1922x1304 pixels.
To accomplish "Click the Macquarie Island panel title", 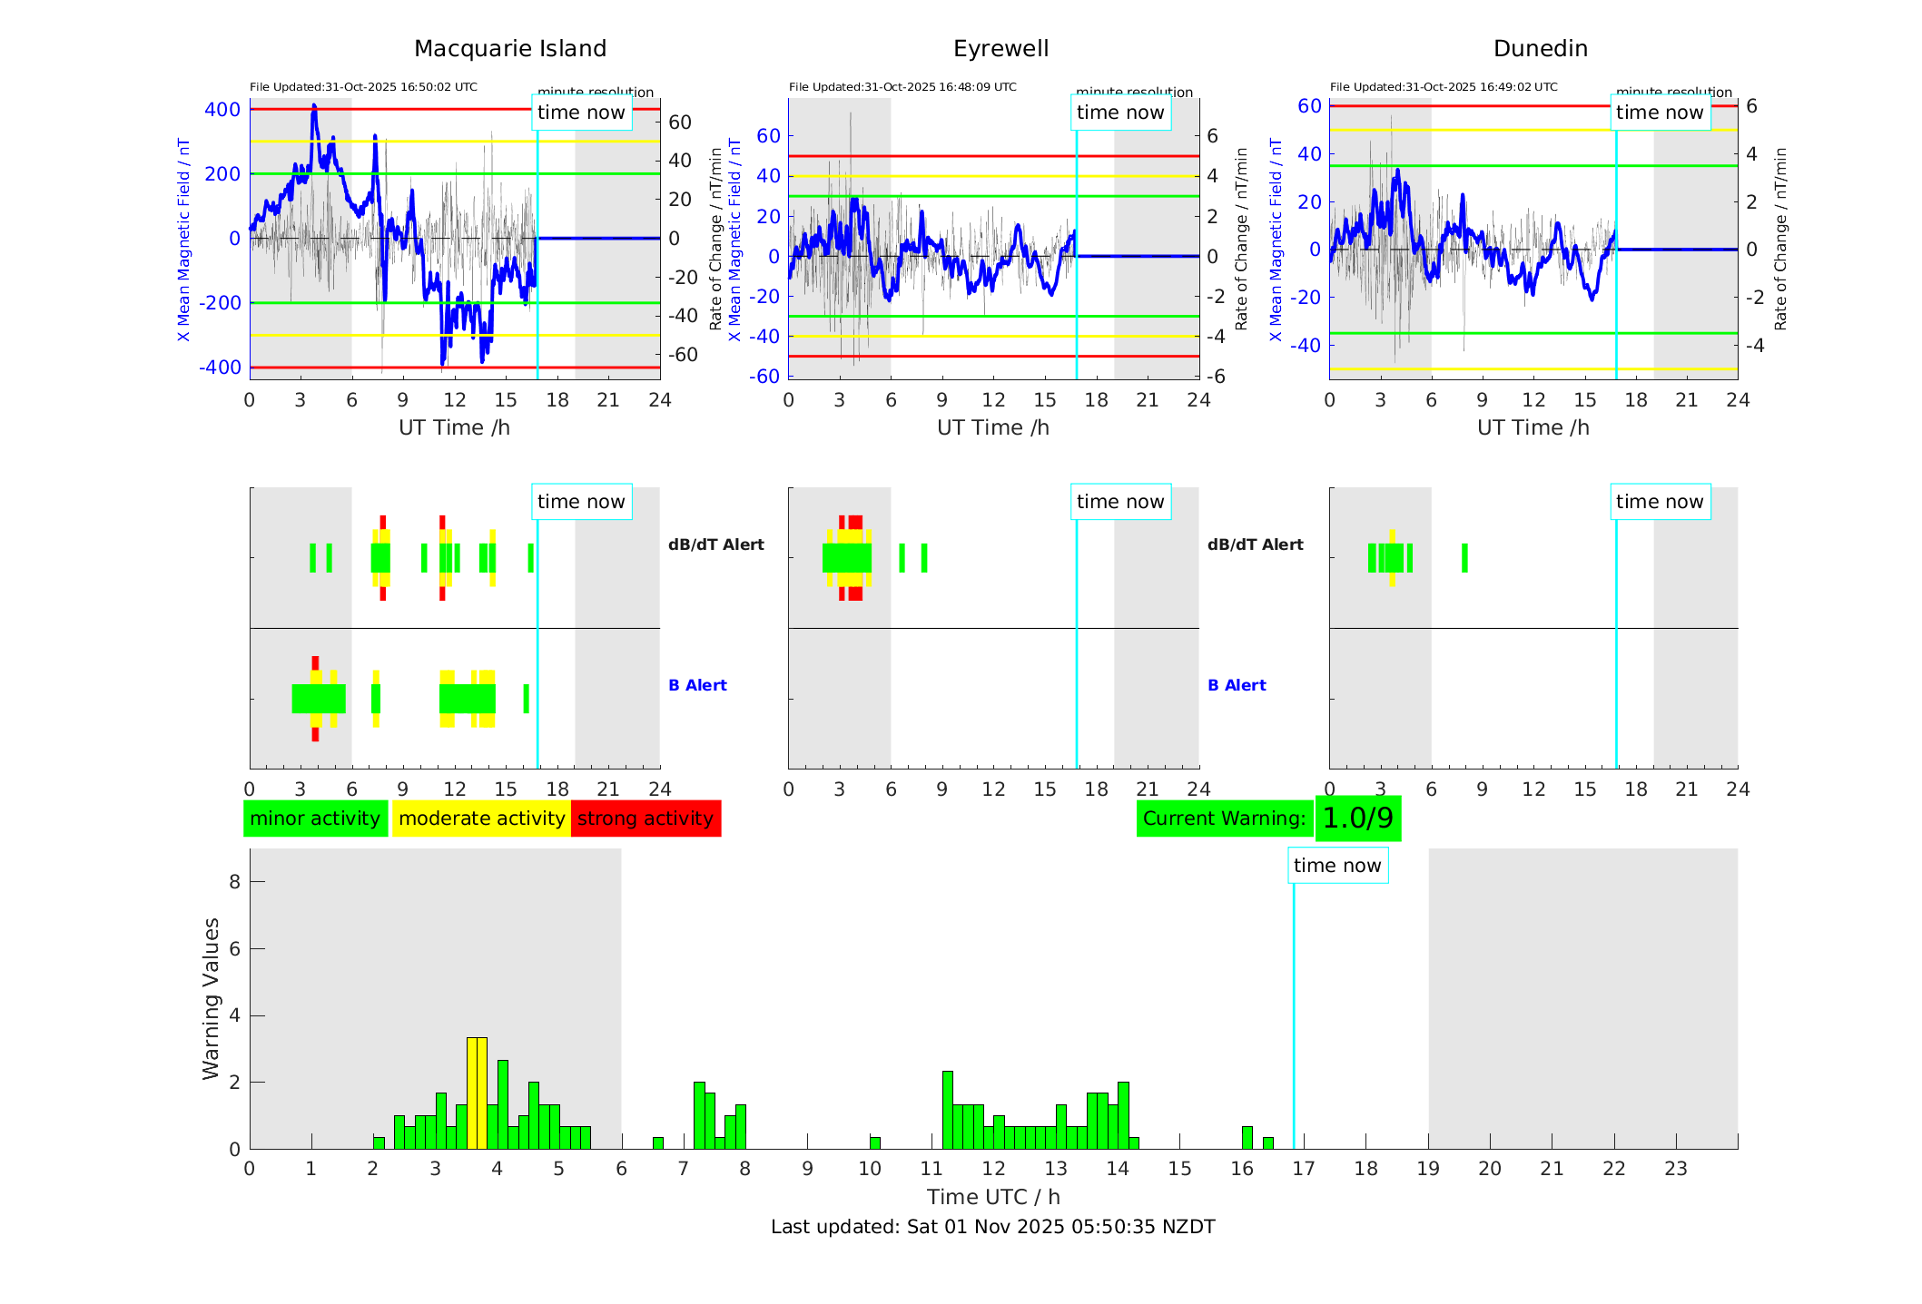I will point(510,49).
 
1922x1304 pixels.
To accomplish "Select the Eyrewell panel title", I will point(1000,49).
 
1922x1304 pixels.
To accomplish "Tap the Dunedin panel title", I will point(1540,49).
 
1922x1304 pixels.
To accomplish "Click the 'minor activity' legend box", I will point(315,819).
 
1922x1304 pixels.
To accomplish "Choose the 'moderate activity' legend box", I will point(481,819).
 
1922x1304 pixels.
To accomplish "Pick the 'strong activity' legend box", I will point(646,819).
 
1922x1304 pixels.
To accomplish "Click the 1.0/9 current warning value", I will point(1357,819).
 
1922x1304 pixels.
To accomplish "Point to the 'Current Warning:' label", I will point(1224,819).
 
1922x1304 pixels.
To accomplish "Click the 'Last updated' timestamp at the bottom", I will point(992,1227).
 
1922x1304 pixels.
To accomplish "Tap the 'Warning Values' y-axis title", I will point(212,998).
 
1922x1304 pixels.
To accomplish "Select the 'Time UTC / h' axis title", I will point(993,1197).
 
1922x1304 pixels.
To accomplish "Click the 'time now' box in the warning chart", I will point(1337,866).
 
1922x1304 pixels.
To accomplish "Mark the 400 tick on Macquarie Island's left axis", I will point(222,110).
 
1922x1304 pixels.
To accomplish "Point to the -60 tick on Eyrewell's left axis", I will point(767,376).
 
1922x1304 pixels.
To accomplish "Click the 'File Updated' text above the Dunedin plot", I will point(1444,87).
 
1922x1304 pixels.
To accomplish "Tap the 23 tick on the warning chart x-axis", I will point(1675,1169).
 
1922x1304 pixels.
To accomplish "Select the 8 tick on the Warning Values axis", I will point(235,881).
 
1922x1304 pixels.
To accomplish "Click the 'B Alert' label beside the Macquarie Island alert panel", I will point(697,685).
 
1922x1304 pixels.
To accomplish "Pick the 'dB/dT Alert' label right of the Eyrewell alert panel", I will point(1255,544).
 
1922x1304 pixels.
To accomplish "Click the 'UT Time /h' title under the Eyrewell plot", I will point(993,427).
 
